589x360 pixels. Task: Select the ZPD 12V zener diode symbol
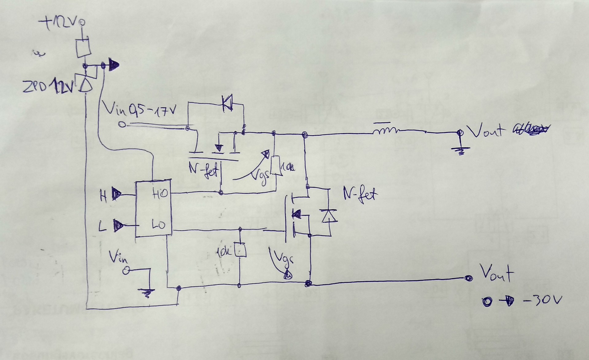86,83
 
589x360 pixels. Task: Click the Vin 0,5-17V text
140,109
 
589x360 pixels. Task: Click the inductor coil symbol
385,131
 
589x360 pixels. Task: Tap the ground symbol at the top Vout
460,150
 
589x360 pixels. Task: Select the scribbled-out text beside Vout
530,130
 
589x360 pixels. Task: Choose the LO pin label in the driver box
159,225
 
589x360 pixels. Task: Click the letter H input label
104,196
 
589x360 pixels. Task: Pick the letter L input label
103,227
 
